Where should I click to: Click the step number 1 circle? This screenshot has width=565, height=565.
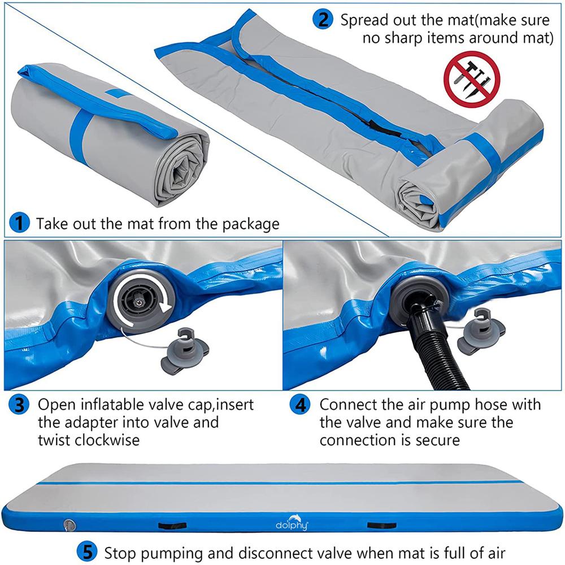(x=19, y=223)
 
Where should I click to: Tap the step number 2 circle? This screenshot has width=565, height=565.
(x=323, y=19)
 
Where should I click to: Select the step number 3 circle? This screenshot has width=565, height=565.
(x=19, y=405)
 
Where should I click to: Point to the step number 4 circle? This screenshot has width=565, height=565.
(x=300, y=405)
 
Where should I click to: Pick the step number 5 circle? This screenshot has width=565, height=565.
(x=87, y=551)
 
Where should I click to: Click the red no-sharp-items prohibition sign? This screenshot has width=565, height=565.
(x=472, y=79)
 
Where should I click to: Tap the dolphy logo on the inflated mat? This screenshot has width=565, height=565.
(x=292, y=523)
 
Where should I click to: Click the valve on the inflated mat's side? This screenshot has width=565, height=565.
(x=69, y=525)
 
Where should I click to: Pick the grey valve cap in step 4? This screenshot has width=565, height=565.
(x=481, y=332)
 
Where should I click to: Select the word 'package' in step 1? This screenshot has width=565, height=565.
(x=251, y=224)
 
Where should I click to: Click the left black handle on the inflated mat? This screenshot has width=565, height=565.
(x=172, y=525)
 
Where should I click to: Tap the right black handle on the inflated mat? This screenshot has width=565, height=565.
(x=381, y=525)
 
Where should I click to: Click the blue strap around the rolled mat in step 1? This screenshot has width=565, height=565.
(x=81, y=137)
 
